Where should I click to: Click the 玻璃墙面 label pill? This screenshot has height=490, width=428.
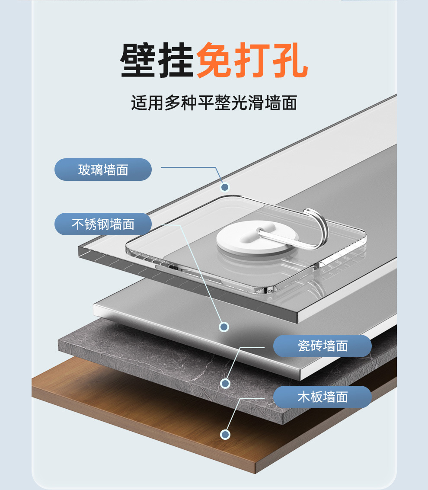[103, 170]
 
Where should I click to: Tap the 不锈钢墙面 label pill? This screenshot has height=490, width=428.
[103, 224]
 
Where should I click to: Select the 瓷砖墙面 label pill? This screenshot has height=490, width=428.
[323, 346]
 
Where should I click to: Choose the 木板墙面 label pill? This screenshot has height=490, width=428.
[323, 397]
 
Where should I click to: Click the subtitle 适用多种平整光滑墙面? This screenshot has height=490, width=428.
[214, 103]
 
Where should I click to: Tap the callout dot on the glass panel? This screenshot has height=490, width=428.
[224, 187]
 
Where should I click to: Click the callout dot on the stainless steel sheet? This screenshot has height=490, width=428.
[224, 327]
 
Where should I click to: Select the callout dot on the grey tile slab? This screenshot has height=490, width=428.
[225, 383]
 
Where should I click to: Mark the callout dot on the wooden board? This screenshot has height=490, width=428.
[225, 434]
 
